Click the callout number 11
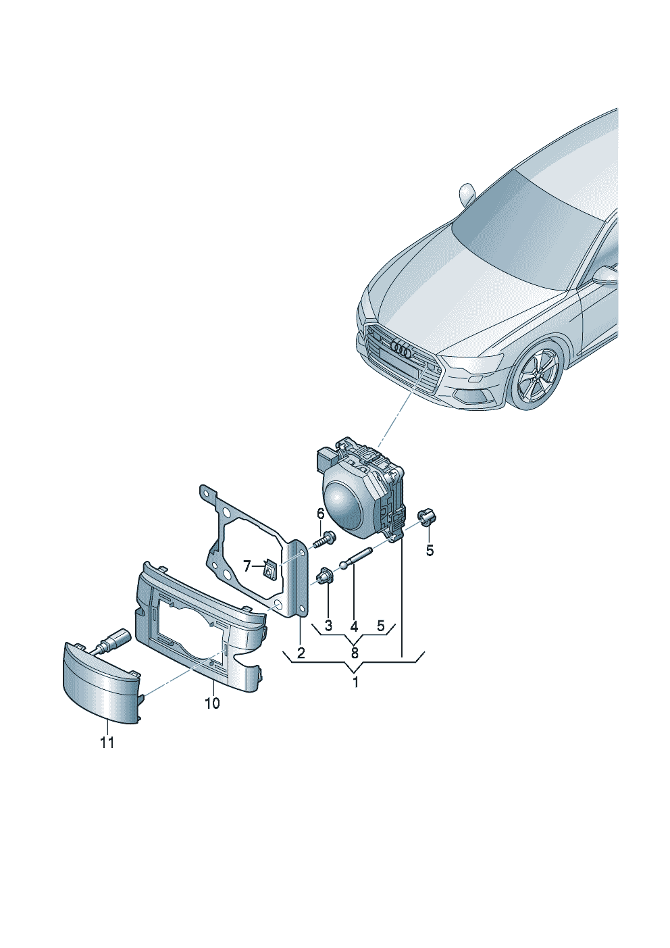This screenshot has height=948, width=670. [107, 743]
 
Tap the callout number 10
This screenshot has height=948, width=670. [212, 703]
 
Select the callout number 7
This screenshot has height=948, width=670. [247, 565]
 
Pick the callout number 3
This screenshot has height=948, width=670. [328, 625]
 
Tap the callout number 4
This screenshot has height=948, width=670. [354, 625]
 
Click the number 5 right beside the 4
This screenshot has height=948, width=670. [381, 625]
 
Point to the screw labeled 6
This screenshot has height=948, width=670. [323, 541]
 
